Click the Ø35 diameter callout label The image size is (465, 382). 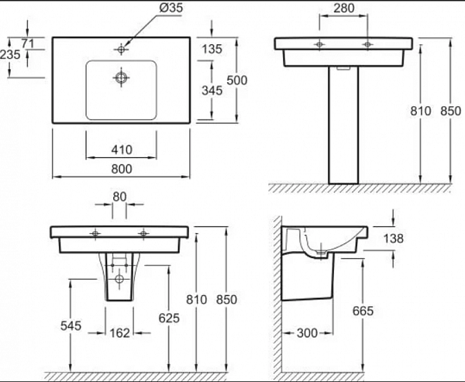point(171,8)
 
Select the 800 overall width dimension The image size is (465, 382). point(122,169)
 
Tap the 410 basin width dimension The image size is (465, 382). point(122,150)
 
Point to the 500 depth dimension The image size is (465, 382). point(236,80)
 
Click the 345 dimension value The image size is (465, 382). point(212,91)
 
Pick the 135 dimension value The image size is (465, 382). point(212,49)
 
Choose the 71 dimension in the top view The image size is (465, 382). point(28,43)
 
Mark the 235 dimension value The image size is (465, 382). point(10,54)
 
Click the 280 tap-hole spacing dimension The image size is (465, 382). point(343,8)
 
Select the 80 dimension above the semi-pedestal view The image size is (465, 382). point(119,196)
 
